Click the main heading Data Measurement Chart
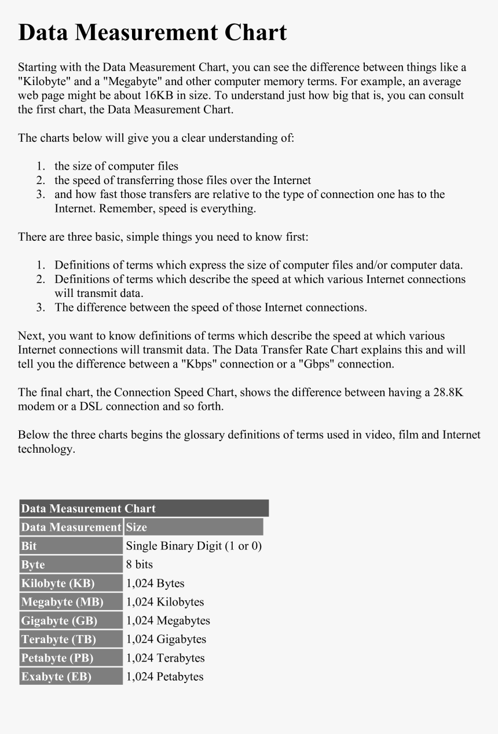(x=152, y=32)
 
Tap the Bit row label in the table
(x=29, y=546)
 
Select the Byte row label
(x=33, y=565)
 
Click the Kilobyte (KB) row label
(x=57, y=583)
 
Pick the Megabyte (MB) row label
(x=62, y=602)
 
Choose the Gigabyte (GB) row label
(x=59, y=621)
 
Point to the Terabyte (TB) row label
(x=58, y=640)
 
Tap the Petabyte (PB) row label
(x=57, y=658)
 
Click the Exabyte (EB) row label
(x=56, y=677)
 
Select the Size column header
(x=137, y=527)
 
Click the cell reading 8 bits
(x=140, y=564)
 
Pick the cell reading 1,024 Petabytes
(x=165, y=677)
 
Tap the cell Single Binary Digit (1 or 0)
(x=194, y=546)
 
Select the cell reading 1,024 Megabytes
(x=168, y=621)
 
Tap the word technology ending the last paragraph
(x=46, y=449)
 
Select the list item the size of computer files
(x=116, y=166)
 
